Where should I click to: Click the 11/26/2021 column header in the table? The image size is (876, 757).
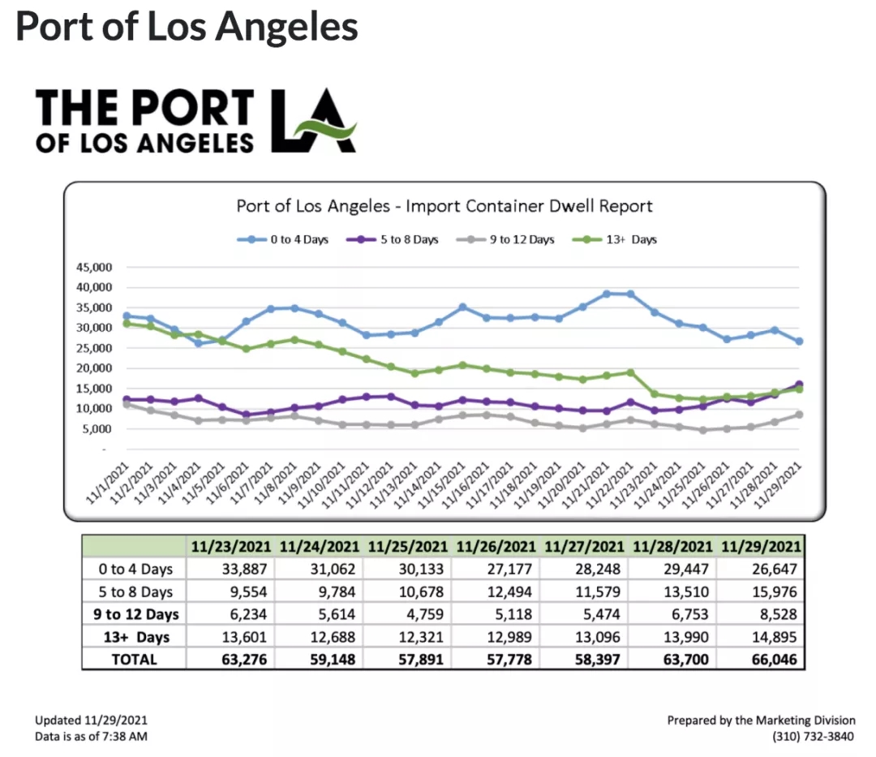[x=496, y=546]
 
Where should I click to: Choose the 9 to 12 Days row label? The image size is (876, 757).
[x=135, y=614]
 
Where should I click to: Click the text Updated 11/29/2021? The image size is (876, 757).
[x=92, y=720]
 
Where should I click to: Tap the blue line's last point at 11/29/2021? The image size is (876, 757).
[x=799, y=342]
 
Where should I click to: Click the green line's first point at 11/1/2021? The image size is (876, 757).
[x=127, y=323]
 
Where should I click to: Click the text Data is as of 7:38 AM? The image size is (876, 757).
[x=91, y=737]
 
